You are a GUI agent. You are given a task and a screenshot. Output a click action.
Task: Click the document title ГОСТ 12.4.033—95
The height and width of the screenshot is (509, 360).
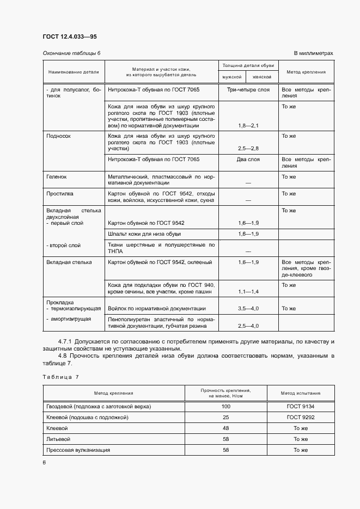[x=70, y=36]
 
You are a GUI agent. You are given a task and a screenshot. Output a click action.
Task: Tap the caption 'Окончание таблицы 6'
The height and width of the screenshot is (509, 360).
[x=71, y=53]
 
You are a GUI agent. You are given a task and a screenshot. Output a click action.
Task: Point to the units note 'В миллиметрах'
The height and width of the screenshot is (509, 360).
[x=313, y=53]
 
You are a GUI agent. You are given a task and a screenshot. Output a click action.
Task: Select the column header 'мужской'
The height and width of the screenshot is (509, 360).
[x=231, y=77]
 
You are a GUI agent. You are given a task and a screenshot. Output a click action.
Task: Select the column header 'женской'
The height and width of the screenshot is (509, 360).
[x=261, y=77]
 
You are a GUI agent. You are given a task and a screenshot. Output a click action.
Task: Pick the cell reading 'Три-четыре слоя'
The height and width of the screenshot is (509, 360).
[x=248, y=89]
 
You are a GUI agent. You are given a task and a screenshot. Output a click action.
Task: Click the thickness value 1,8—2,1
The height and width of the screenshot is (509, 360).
[x=248, y=126]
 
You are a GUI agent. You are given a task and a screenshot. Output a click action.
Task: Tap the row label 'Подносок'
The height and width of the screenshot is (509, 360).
[x=59, y=136]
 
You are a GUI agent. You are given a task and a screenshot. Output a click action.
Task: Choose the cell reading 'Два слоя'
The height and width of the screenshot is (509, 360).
[x=248, y=160]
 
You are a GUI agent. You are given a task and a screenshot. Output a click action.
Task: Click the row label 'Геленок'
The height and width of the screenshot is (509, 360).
[x=57, y=177]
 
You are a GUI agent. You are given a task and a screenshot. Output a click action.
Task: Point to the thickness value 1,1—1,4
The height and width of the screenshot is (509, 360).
[x=248, y=292]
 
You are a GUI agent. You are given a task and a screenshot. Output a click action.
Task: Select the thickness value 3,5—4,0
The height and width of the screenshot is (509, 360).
[x=248, y=309]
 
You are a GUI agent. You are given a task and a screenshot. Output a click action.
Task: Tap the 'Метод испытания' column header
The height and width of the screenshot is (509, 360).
[x=301, y=393]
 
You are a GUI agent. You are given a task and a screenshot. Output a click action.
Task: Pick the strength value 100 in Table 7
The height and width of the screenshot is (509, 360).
[x=225, y=407]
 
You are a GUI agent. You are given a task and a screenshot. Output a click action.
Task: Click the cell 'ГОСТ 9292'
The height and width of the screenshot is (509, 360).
[x=301, y=418]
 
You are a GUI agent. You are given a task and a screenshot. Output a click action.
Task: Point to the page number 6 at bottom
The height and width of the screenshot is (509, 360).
[x=45, y=462]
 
